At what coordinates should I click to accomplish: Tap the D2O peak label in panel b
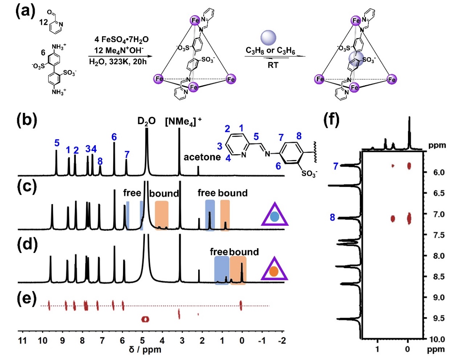coord(146,121)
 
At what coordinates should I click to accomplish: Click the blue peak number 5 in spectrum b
coord(57,143)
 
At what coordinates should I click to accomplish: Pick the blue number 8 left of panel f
coord(333,218)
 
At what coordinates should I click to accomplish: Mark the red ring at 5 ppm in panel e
coord(145,319)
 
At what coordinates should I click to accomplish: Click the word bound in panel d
coord(244,252)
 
